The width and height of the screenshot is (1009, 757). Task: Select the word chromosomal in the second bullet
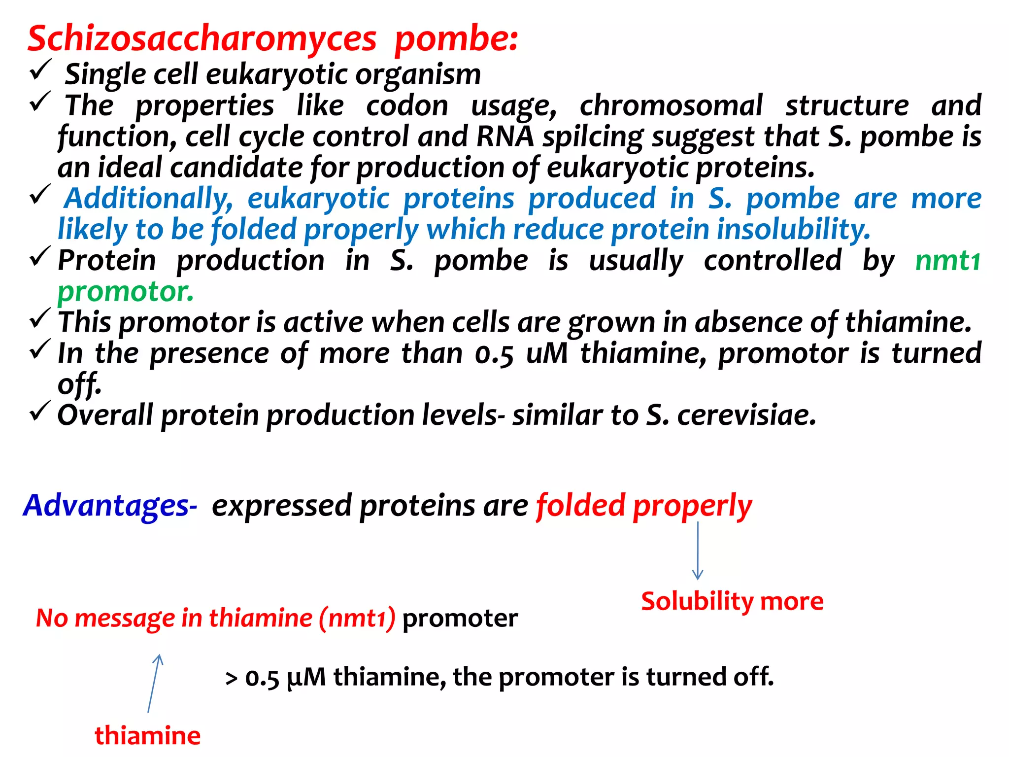pos(671,105)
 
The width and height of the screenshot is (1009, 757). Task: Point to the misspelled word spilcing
pos(593,137)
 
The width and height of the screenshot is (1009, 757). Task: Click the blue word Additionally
pos(148,199)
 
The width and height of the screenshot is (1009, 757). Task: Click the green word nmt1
pos(947,261)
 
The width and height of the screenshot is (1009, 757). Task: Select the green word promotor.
pos(126,292)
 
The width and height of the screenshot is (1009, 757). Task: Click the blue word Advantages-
pos(110,506)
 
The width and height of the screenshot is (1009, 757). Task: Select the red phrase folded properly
pos(644,506)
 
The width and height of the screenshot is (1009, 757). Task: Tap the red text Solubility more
pos(732,602)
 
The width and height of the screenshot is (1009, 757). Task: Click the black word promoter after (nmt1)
pos(460,618)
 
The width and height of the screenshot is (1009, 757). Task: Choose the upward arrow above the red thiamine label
pos(154,683)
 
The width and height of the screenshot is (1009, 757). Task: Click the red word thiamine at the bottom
pos(147,736)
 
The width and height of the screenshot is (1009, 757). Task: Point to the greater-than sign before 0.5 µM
pos(231,679)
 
